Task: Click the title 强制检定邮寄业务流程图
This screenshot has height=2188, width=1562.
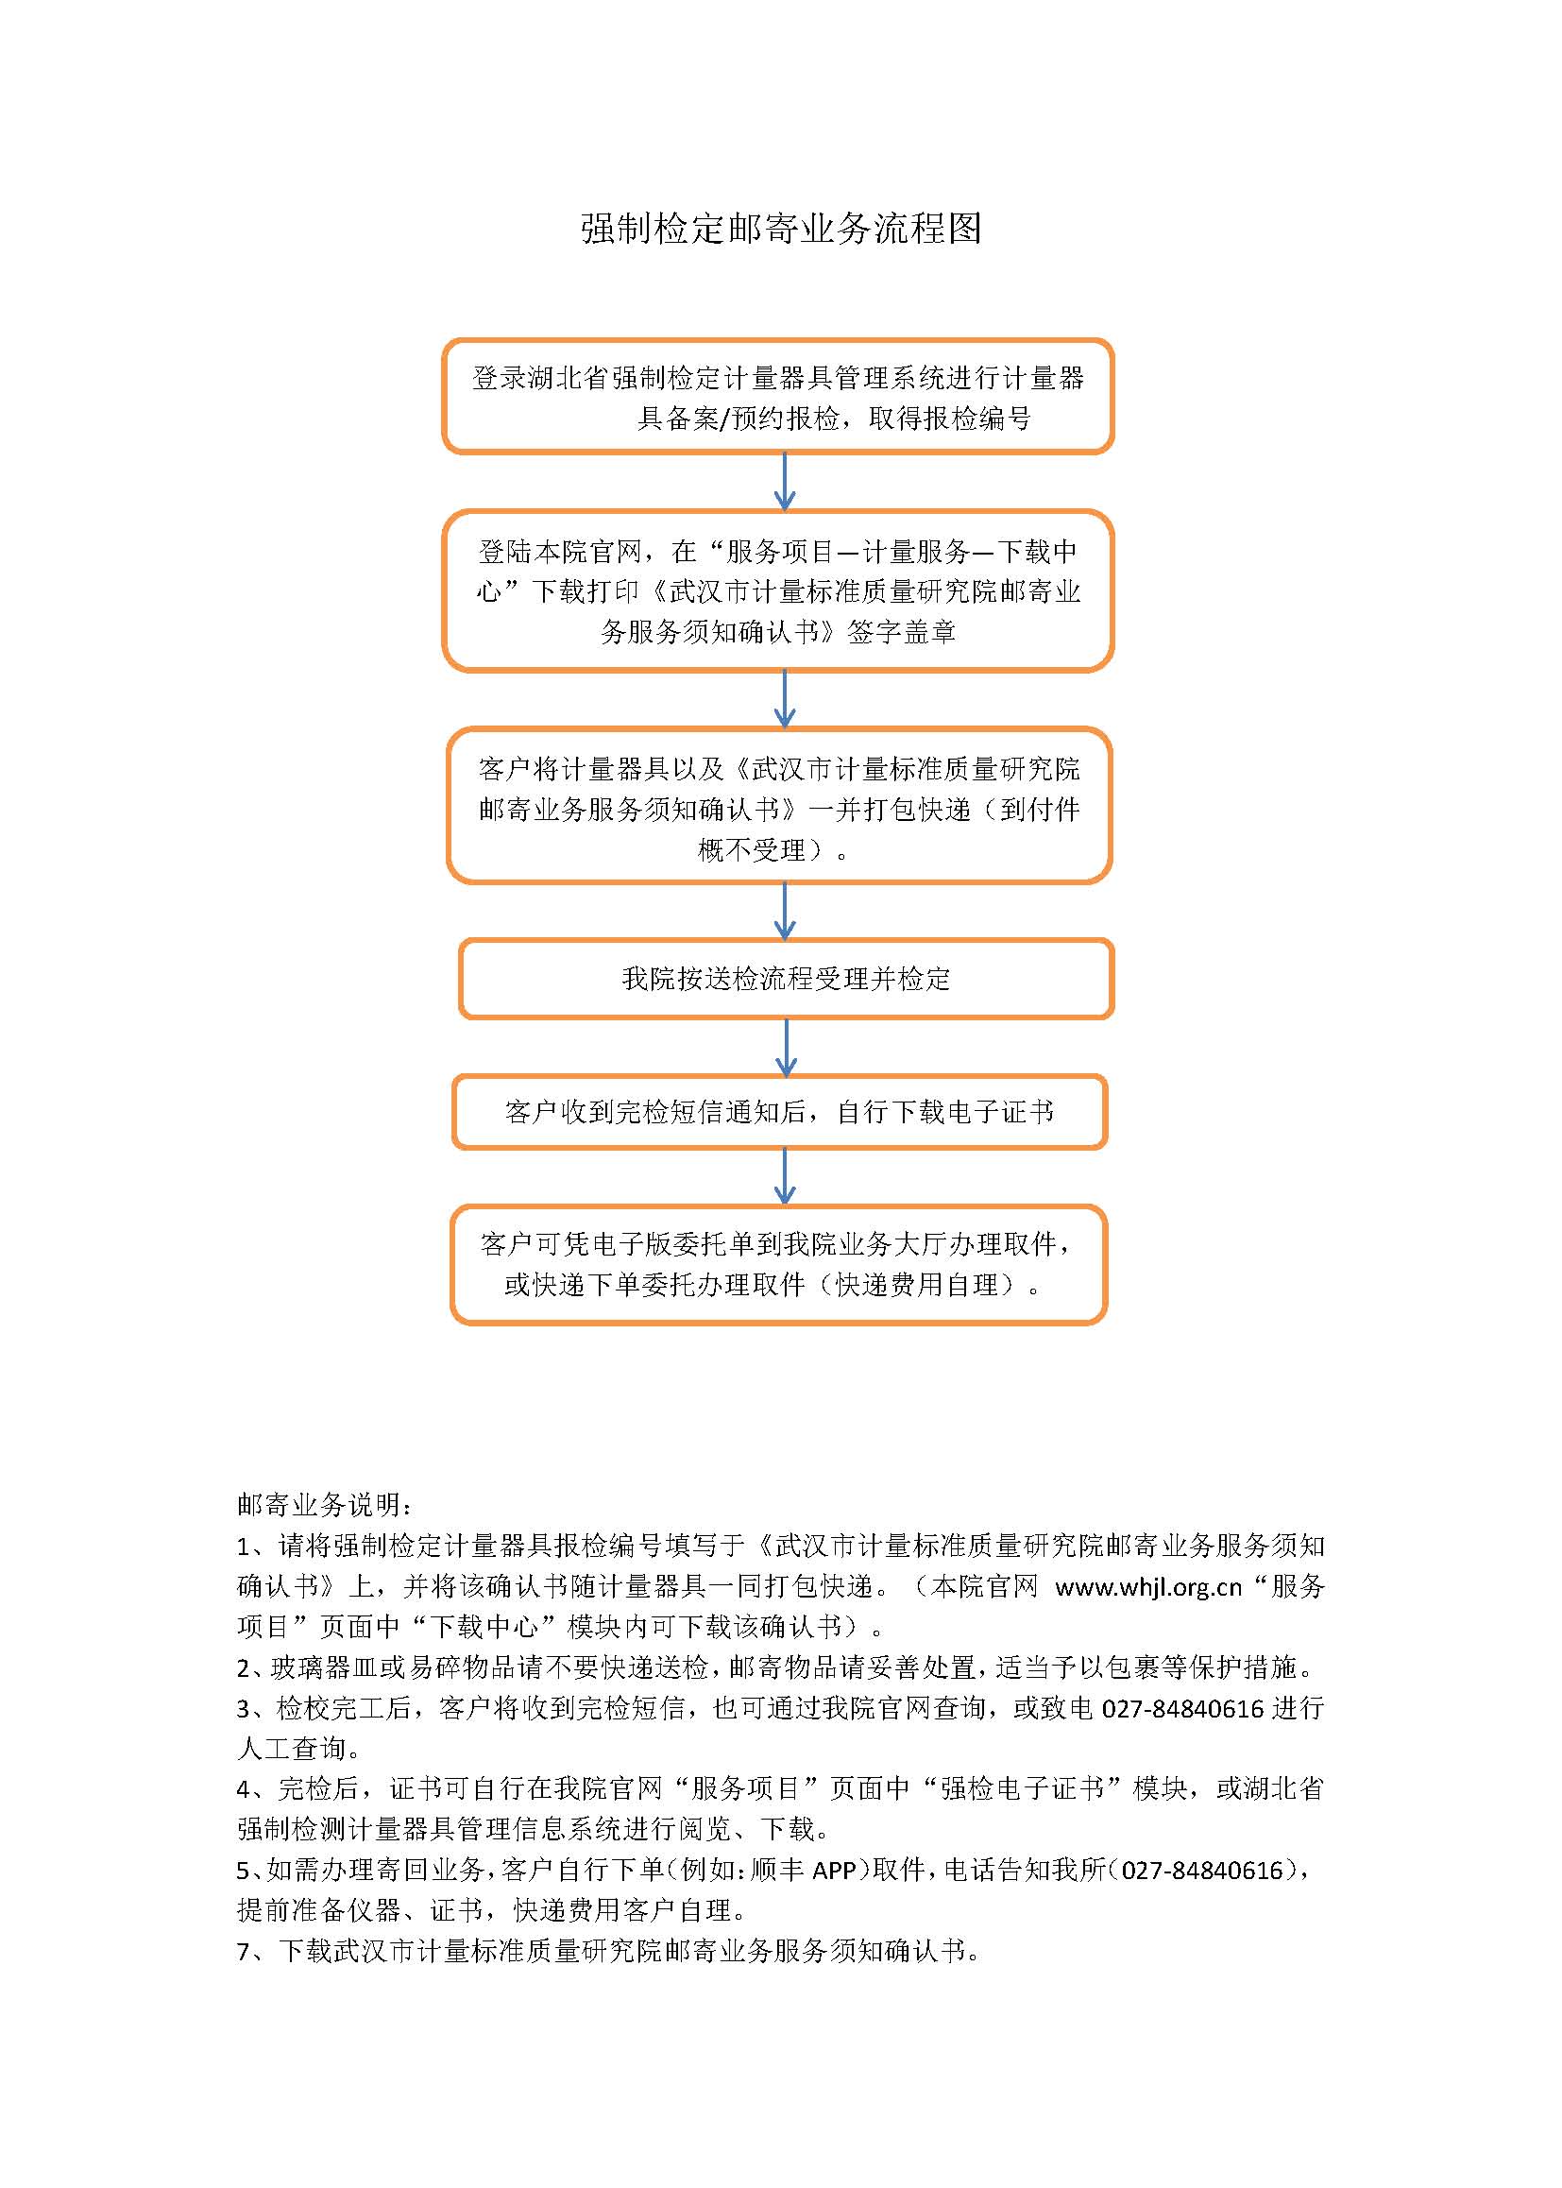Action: click(x=780, y=229)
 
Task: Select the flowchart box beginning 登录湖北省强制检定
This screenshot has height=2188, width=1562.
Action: click(x=777, y=397)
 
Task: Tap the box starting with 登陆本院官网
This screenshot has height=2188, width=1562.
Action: click(x=777, y=590)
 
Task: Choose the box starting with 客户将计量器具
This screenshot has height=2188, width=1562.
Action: click(x=779, y=806)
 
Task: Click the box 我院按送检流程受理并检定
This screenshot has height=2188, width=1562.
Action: click(x=786, y=979)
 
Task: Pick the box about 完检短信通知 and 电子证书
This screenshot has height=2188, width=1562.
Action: click(x=779, y=1112)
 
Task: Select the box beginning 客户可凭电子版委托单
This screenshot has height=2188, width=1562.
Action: click(x=778, y=1264)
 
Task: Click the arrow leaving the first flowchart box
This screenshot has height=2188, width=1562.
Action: click(x=785, y=481)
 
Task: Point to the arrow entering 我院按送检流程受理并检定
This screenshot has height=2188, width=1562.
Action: click(x=785, y=910)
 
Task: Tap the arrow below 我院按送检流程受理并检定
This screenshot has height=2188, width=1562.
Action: click(x=786, y=1047)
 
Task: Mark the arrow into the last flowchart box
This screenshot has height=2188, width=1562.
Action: click(x=785, y=1177)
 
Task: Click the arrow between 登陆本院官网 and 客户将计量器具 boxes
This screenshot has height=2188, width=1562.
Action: click(x=785, y=698)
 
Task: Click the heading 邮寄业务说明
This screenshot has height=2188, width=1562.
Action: click(x=325, y=1505)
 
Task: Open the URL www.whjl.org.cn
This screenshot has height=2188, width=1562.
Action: click(x=1148, y=1586)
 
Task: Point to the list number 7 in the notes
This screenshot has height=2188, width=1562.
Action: click(x=245, y=1950)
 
